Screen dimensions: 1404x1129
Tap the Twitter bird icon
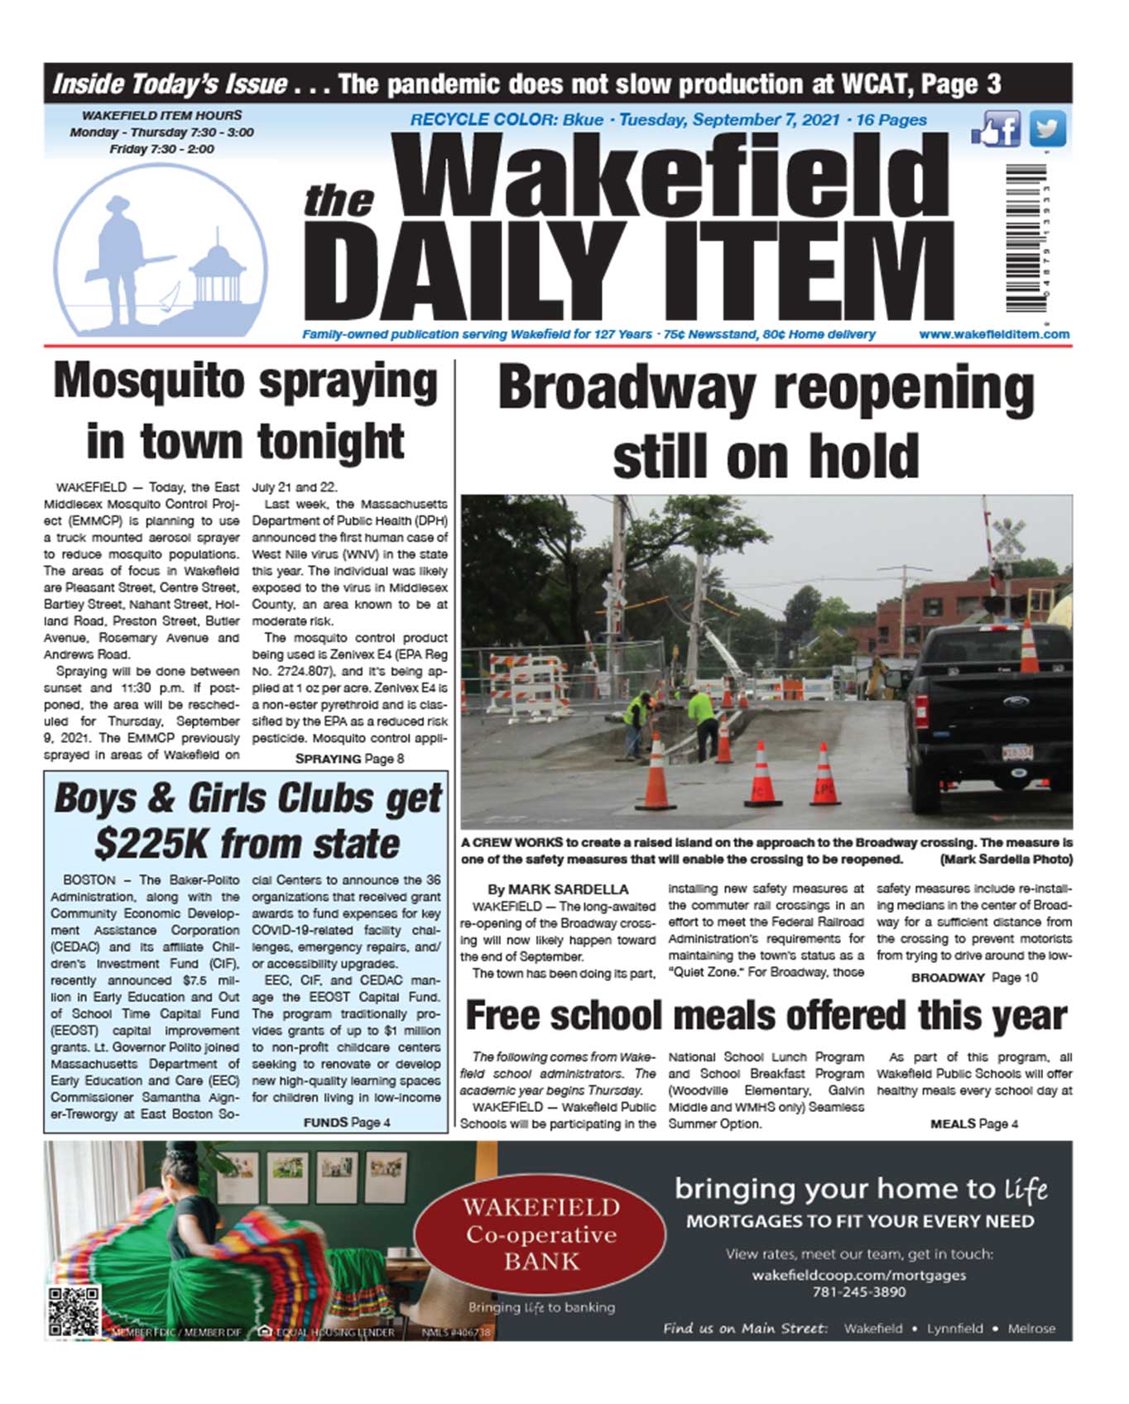tap(1047, 129)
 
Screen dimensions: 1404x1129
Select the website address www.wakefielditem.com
tap(993, 334)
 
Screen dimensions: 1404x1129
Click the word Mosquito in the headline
tap(149, 382)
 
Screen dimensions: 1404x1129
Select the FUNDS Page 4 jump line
tap(347, 1123)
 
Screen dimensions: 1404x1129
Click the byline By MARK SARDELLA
tap(557, 889)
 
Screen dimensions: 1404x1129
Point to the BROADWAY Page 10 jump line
tap(973, 978)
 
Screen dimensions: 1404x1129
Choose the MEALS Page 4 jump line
tap(973, 1124)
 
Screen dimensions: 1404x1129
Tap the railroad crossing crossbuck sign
tap(1008, 537)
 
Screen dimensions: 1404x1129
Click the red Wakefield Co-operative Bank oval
tap(540, 1234)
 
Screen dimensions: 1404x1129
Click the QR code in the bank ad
tap(74, 1311)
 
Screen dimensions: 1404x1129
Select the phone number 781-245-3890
tap(858, 1291)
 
